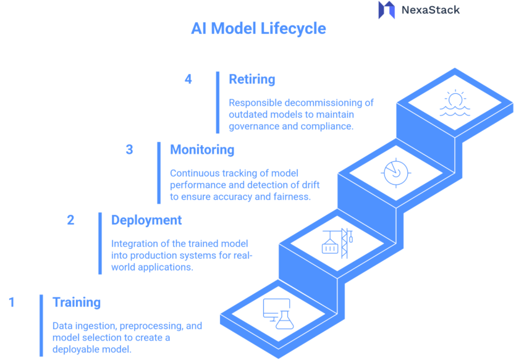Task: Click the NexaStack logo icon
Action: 386,10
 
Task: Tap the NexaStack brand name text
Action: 430,10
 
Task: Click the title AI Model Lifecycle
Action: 258,29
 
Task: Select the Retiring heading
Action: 252,79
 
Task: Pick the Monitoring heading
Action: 202,149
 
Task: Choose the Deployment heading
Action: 146,220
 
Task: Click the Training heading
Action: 77,302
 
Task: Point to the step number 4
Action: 188,79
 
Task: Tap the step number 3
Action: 129,149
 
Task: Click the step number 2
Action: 70,220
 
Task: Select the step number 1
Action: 11,302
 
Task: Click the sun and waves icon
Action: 455,104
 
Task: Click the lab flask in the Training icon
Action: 285,319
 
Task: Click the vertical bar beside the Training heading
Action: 41,325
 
